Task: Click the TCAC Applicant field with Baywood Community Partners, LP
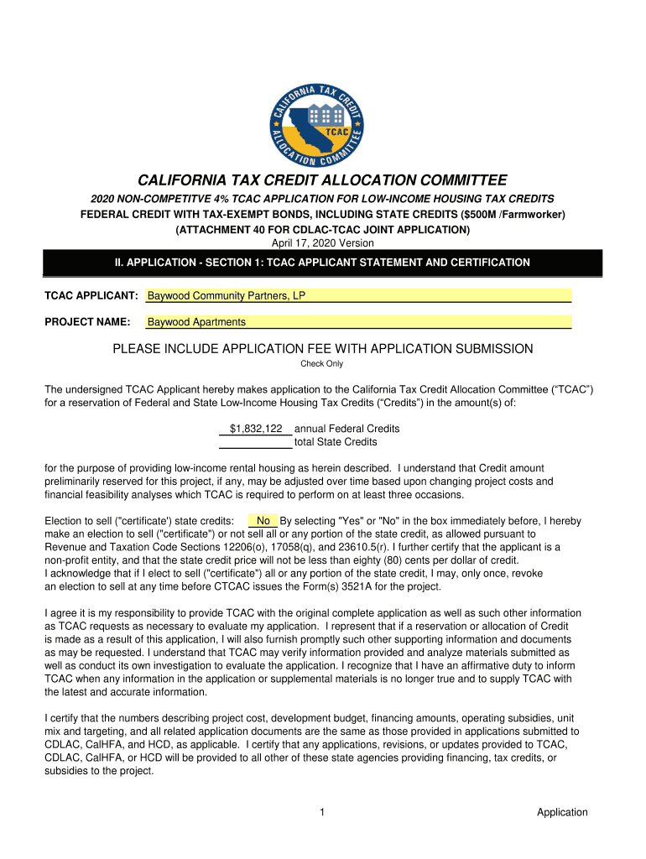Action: pyautogui.click(x=358, y=296)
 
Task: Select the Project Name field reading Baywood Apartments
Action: pyautogui.click(x=358, y=322)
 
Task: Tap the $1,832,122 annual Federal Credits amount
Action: pyautogui.click(x=256, y=429)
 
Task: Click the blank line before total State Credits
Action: pyautogui.click(x=256, y=442)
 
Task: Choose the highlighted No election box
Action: pyautogui.click(x=263, y=521)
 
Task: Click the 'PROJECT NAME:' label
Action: pyautogui.click(x=87, y=322)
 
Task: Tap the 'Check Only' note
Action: pyautogui.click(x=322, y=364)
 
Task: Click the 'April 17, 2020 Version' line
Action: pyautogui.click(x=323, y=243)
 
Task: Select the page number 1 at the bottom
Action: pyautogui.click(x=323, y=812)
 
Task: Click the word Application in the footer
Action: pyautogui.click(x=562, y=812)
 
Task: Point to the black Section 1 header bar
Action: pyautogui.click(x=323, y=263)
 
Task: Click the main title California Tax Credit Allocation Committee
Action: pyautogui.click(x=323, y=180)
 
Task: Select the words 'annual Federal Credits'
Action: pyautogui.click(x=346, y=429)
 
